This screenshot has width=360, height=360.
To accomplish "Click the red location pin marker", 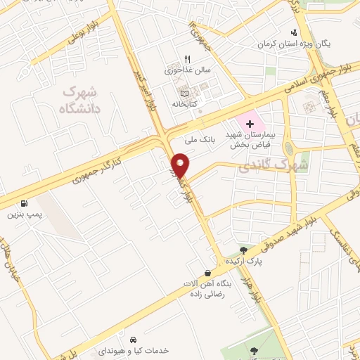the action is (x=181, y=165).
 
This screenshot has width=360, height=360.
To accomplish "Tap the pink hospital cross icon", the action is (x=250, y=123).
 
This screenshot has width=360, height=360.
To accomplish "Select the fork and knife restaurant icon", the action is (x=187, y=60).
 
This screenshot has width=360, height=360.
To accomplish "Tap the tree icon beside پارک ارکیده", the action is (x=243, y=250).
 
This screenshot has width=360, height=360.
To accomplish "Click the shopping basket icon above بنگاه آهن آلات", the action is (x=207, y=272).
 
